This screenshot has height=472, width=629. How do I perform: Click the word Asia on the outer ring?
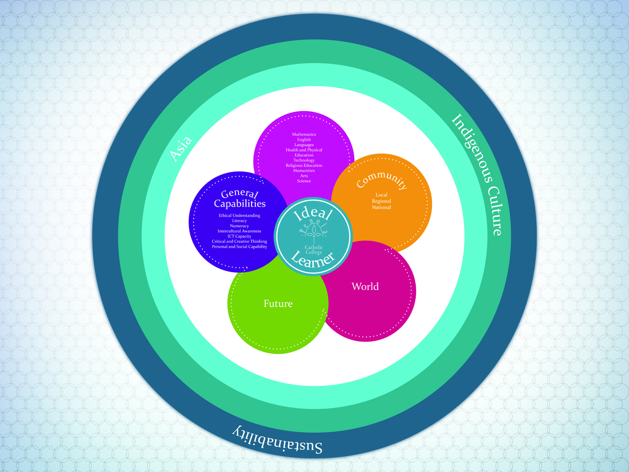pos(181,148)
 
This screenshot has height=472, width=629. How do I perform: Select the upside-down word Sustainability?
pos(277,439)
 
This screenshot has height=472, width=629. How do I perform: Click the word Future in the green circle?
pos(278,304)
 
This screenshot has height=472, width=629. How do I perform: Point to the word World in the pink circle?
pos(365,286)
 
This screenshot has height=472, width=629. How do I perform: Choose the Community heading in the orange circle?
pos(382,181)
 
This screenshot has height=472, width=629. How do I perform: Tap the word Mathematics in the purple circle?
pos(304,135)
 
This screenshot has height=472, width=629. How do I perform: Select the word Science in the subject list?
pos(304,181)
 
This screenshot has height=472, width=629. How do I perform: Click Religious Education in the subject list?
pos(304,166)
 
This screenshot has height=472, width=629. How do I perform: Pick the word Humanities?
pos(304,171)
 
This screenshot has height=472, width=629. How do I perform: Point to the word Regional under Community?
pos(382,201)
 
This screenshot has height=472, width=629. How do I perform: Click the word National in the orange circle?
pos(382,207)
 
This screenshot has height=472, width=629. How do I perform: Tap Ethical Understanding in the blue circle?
pos(240,216)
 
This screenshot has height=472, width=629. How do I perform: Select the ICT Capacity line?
pos(240,236)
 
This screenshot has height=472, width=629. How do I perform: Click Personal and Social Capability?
pos(240,246)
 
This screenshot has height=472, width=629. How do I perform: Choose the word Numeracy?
pos(240,226)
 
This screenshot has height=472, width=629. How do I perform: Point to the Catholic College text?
pos(314,249)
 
